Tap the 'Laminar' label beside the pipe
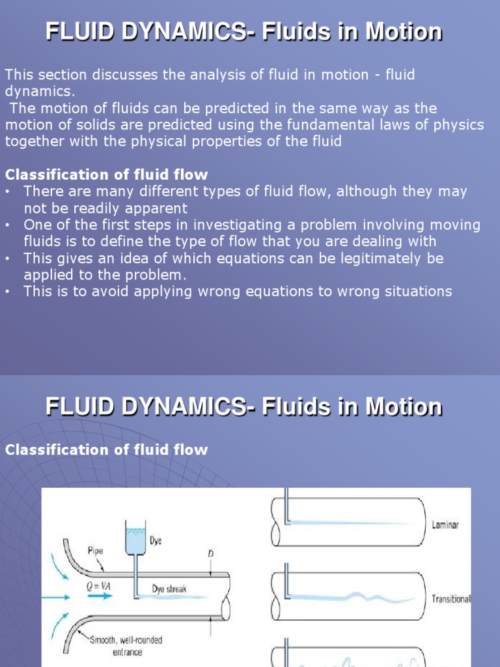(x=445, y=525)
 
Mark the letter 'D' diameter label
(x=210, y=554)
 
